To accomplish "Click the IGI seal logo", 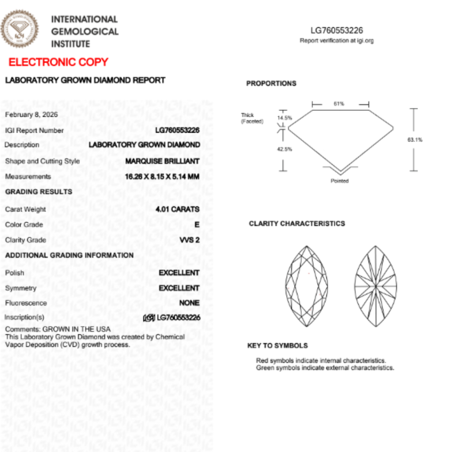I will click(x=20, y=28).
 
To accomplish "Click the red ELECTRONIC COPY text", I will click(x=59, y=62).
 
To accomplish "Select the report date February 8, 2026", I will click(x=31, y=115).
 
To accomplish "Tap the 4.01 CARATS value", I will click(x=177, y=209).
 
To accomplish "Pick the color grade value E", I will click(x=197, y=225).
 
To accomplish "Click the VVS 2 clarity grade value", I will click(x=189, y=240).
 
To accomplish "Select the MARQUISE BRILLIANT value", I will click(x=162, y=161).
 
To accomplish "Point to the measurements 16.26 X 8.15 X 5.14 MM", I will click(x=162, y=177).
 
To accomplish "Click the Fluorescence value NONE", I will click(x=189, y=303).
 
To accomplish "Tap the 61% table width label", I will click(x=339, y=104).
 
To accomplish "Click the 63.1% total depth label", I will click(x=415, y=140).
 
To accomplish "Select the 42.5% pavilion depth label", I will click(x=285, y=149).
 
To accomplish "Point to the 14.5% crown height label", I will click(x=285, y=118).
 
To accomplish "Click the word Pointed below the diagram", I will click(x=339, y=181).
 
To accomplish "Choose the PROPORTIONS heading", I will click(x=271, y=84).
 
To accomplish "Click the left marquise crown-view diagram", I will click(x=307, y=286).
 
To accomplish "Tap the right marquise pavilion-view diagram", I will click(x=375, y=286).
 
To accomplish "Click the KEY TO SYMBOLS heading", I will click(x=277, y=346).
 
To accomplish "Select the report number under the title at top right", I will click(x=336, y=31).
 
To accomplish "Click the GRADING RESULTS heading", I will click(x=39, y=192).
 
